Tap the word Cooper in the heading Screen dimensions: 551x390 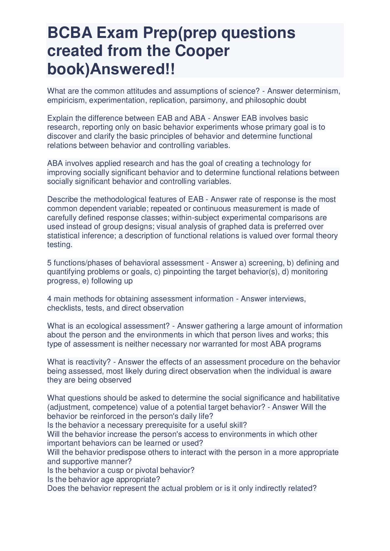click(x=202, y=51)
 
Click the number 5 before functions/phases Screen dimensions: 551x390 click(x=49, y=263)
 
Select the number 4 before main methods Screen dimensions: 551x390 click(x=49, y=299)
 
